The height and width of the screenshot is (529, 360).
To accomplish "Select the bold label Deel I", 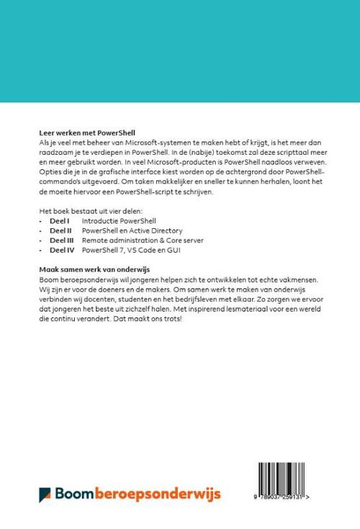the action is coord(59,219).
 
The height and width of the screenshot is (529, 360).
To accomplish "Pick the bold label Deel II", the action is coord(60,229).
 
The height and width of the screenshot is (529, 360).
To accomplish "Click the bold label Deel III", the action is coord(61,239).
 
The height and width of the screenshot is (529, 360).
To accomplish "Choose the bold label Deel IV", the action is coord(61,249).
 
